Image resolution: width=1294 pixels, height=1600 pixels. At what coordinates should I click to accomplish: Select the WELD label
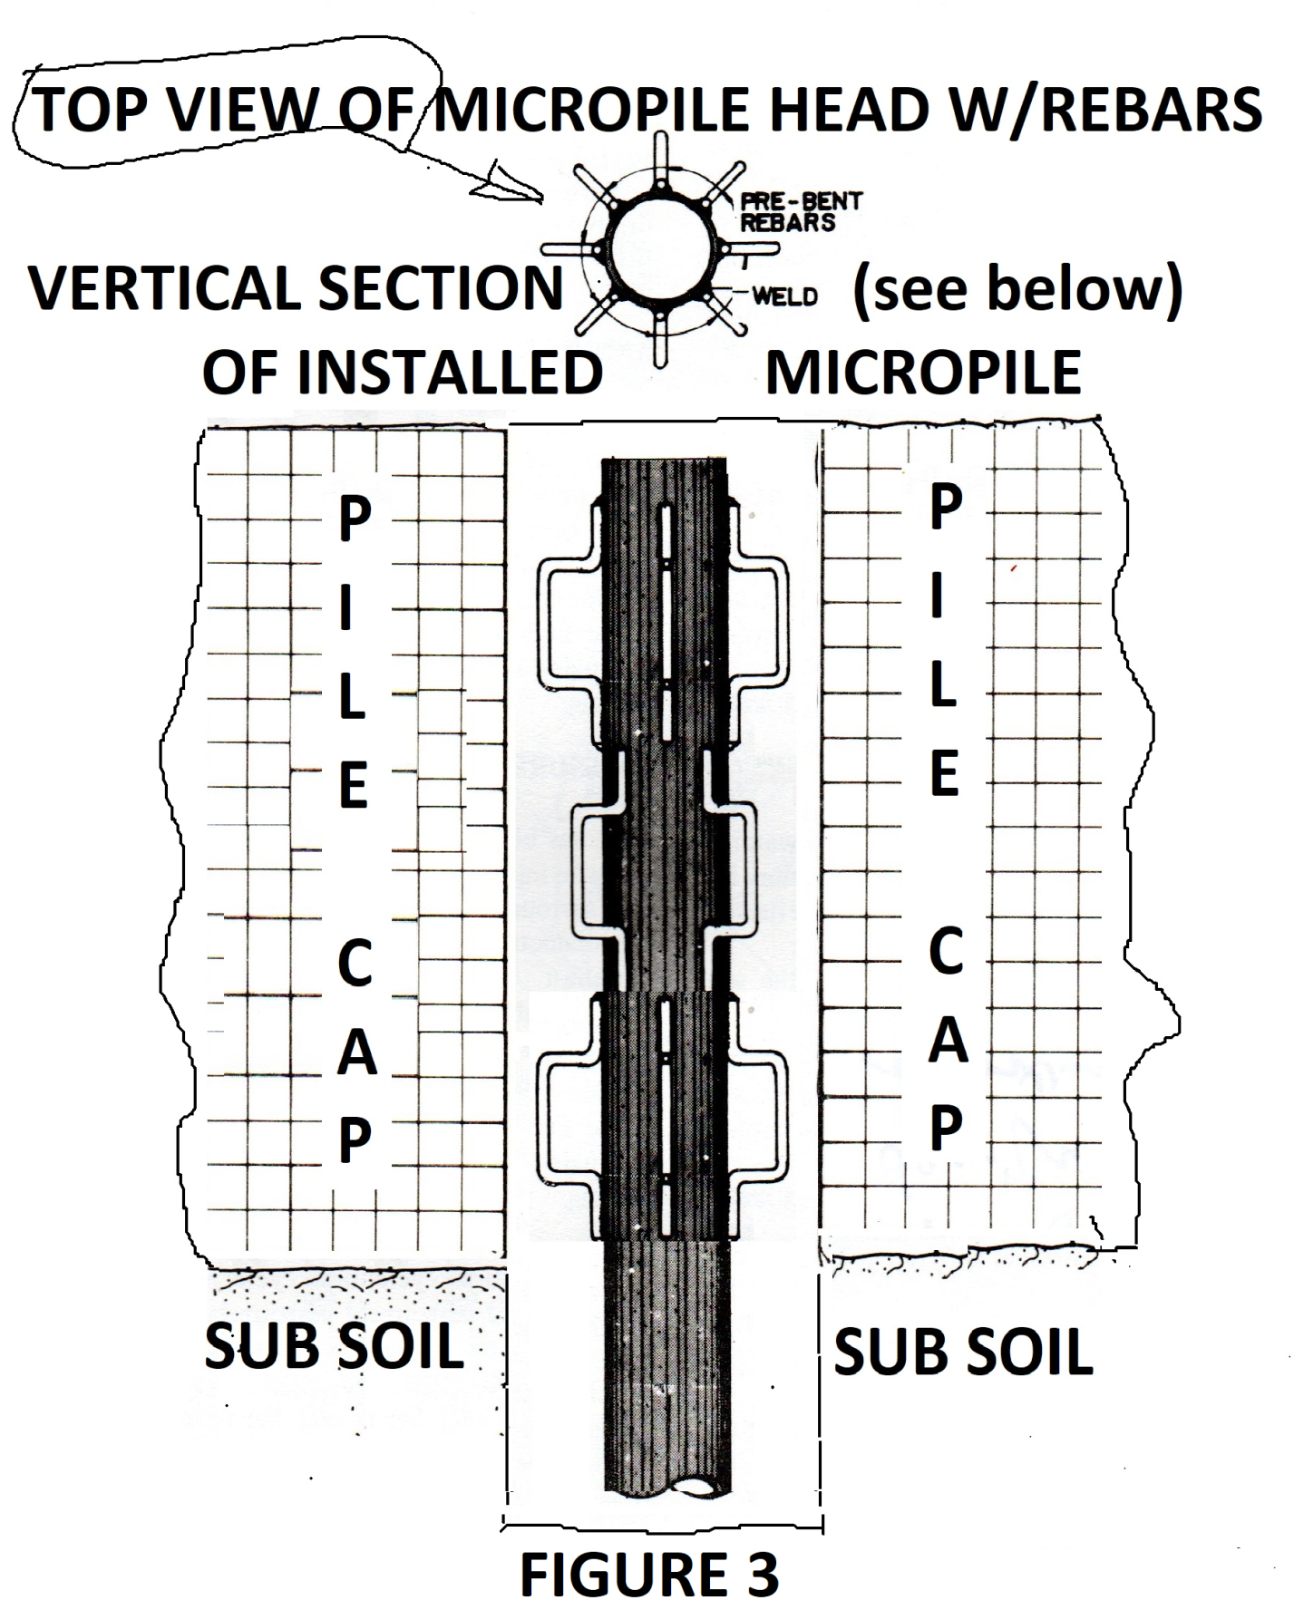785,296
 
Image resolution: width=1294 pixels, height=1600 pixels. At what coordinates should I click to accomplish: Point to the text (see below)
1017,288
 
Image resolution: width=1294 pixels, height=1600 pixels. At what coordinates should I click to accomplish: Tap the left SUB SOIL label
334,1347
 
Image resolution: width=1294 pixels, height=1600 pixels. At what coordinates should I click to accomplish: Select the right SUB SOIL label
963,1353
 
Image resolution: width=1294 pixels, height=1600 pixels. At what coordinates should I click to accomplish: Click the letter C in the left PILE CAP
355,964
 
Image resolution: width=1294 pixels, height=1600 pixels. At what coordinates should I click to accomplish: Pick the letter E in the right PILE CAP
945,773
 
